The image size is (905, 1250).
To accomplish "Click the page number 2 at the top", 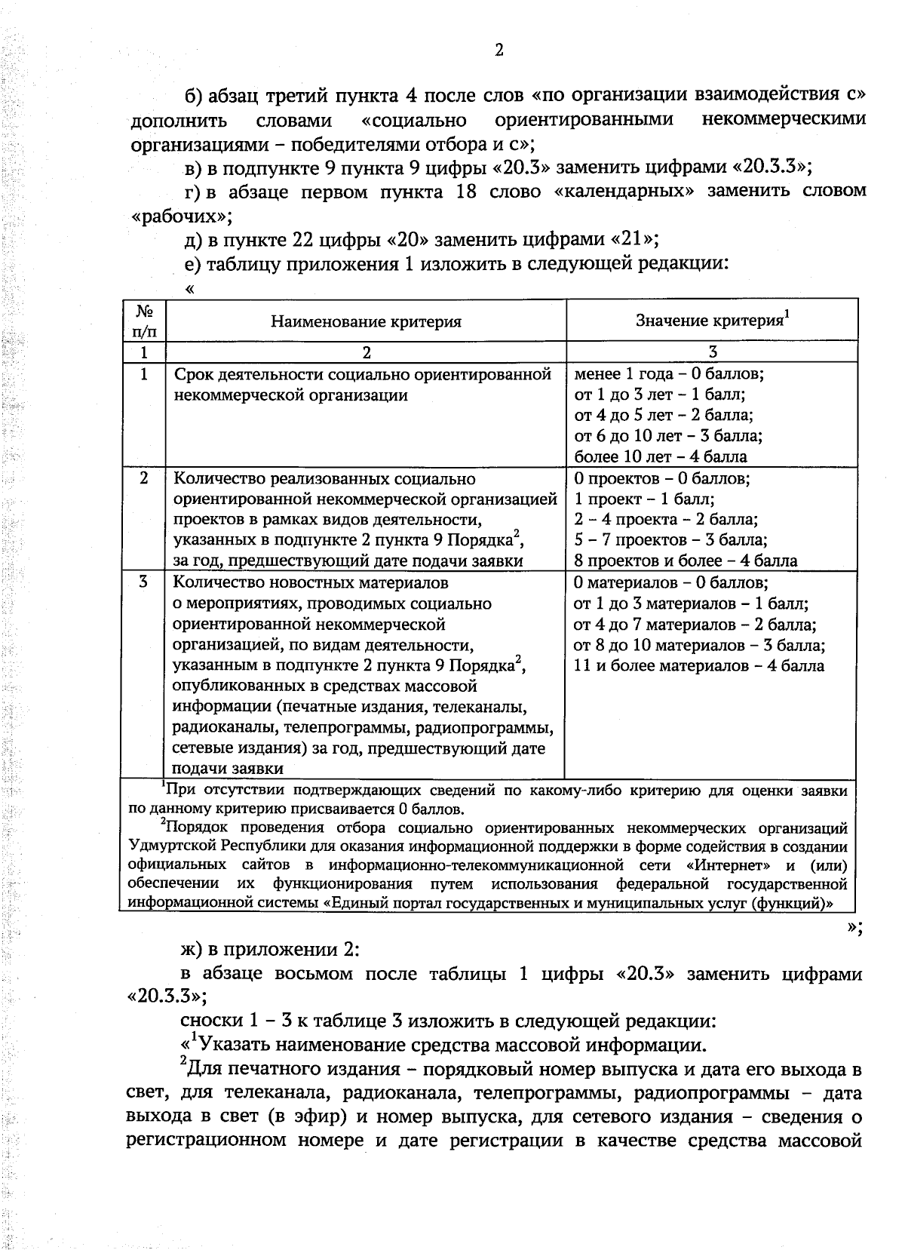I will point(499,51).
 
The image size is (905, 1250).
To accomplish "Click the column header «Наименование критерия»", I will point(366,321).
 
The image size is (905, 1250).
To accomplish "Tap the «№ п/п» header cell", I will point(143,321).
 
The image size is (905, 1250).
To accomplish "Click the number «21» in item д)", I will point(630,240).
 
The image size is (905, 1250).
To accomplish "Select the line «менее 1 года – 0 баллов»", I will point(669,373).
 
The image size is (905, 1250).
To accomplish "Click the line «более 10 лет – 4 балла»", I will point(661,456).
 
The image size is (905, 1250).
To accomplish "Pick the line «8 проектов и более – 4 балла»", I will point(686,561).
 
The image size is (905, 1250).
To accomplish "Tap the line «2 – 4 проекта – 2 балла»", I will point(666,519).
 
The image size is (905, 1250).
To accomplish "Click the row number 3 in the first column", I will point(143,582).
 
